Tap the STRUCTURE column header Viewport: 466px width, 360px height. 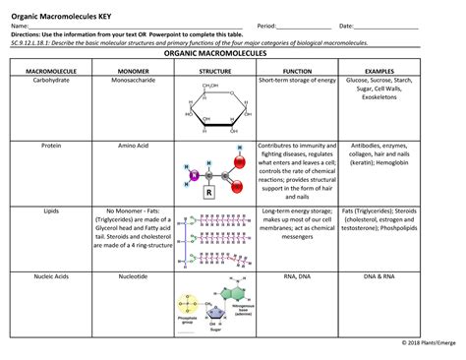pos(214,72)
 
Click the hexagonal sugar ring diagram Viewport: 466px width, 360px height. pos(214,109)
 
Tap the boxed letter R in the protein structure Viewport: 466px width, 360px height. pos(208,193)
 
